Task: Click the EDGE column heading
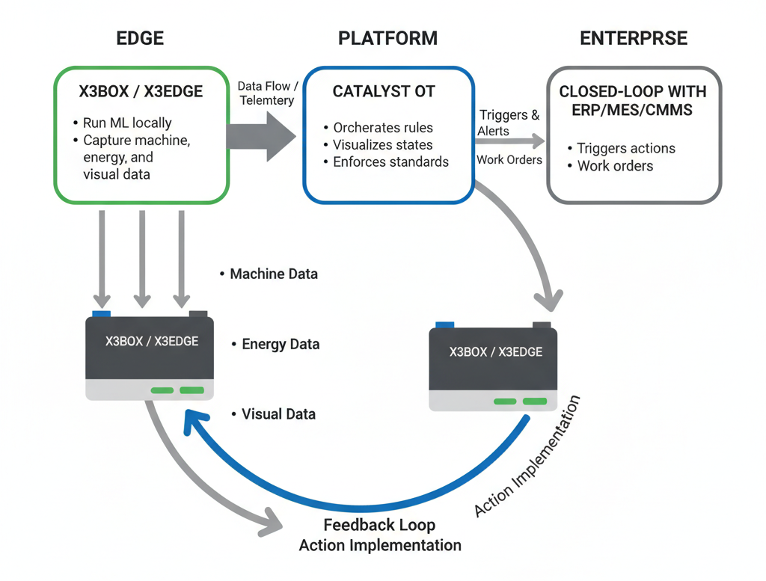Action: coord(140,39)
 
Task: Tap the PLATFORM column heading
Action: coord(387,39)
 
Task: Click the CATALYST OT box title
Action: coord(383,92)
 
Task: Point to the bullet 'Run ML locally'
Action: coord(127,123)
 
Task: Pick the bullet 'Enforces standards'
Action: coord(390,162)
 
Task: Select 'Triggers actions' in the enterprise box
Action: coord(625,148)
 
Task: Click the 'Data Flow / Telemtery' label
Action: coord(267,93)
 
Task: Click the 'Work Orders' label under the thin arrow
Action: coord(509,159)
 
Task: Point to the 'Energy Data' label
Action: coord(281,345)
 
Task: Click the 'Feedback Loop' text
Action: coord(379,525)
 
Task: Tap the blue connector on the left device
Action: coord(101,313)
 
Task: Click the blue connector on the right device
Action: coord(444,325)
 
